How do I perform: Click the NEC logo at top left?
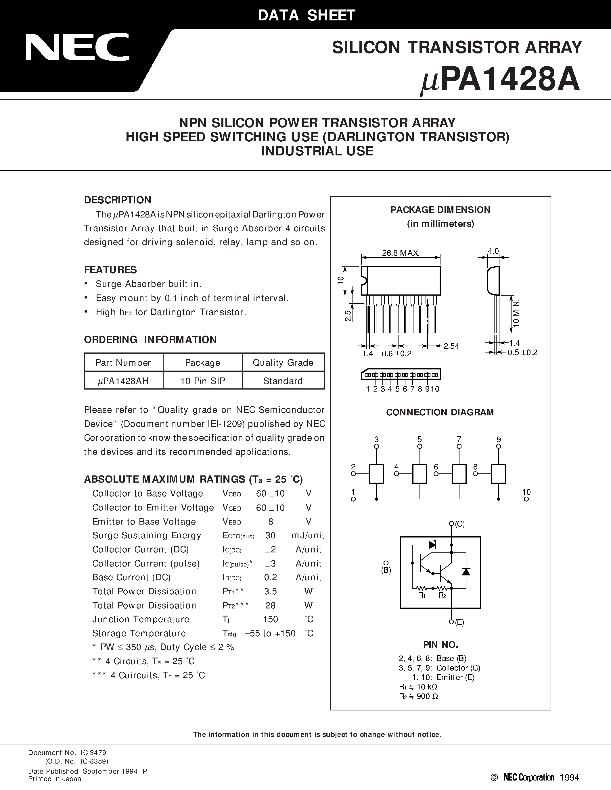point(77,47)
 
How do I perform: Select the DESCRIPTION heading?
point(118,200)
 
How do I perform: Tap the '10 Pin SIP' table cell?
point(203,381)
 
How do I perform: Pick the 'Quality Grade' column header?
point(283,363)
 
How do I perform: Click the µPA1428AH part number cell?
point(123,381)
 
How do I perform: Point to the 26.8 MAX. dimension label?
point(401,253)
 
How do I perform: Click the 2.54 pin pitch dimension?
point(451,346)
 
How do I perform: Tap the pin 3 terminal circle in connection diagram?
point(376,447)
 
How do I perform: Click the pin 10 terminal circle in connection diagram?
point(526,499)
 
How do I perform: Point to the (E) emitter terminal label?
point(459,622)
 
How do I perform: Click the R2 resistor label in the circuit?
point(442,596)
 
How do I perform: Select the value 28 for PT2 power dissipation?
point(270,606)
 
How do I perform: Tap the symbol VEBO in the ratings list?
point(232,522)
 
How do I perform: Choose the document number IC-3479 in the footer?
point(93,753)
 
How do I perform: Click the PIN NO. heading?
point(440,645)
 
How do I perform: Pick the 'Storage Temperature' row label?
point(139,633)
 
